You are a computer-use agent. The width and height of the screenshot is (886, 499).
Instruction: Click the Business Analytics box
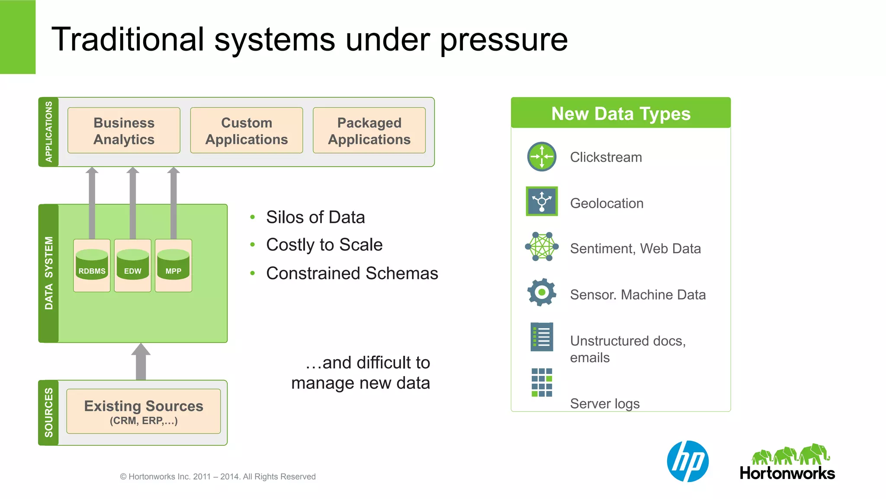pyautogui.click(x=124, y=131)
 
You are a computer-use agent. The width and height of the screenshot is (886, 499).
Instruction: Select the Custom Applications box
pyautogui.click(x=246, y=131)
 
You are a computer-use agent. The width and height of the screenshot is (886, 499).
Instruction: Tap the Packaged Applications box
pyautogui.click(x=369, y=131)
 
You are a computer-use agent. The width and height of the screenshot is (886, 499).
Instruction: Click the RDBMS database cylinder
pyautogui.click(x=92, y=265)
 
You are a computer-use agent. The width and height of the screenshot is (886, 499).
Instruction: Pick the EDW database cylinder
pyautogui.click(x=132, y=265)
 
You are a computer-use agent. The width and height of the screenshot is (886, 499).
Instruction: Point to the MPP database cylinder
pyautogui.click(x=173, y=265)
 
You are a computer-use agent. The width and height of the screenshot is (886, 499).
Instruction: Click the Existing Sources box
pyautogui.click(x=143, y=411)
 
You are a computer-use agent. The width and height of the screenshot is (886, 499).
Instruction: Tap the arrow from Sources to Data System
pyautogui.click(x=141, y=362)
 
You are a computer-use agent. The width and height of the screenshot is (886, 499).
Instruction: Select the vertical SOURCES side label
pyautogui.click(x=48, y=412)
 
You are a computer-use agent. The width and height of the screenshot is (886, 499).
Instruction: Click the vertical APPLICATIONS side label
pyautogui.click(x=48, y=132)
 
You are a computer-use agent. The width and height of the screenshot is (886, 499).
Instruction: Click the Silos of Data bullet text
pyautogui.click(x=315, y=217)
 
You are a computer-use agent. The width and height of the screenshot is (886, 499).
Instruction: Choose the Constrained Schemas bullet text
pyautogui.click(x=352, y=274)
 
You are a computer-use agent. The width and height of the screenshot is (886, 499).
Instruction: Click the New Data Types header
pyautogui.click(x=620, y=113)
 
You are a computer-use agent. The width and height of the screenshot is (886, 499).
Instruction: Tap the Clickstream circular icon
pyautogui.click(x=542, y=157)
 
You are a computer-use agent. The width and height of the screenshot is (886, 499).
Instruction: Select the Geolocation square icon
pyautogui.click(x=542, y=201)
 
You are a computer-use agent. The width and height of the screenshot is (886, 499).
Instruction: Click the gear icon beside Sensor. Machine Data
pyautogui.click(x=542, y=293)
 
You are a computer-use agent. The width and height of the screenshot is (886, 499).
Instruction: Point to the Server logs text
pyautogui.click(x=604, y=403)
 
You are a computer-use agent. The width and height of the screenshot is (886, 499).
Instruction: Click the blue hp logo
pyautogui.click(x=687, y=461)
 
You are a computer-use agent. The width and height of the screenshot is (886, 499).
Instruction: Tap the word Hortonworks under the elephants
pyautogui.click(x=787, y=473)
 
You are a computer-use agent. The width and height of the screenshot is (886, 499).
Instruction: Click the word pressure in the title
pyautogui.click(x=504, y=40)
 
